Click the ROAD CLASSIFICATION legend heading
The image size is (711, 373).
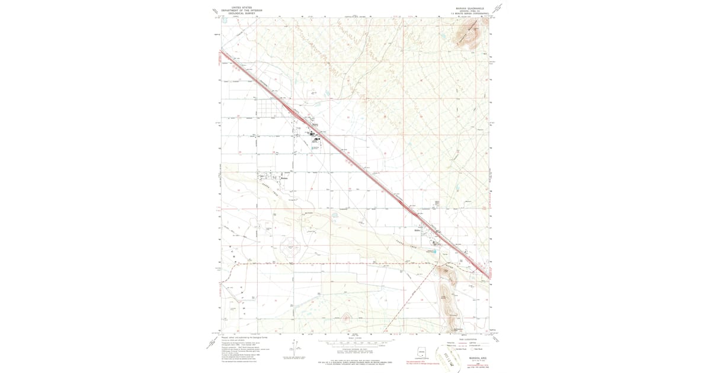pos(469,339)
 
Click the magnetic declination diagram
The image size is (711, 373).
pos(294,349)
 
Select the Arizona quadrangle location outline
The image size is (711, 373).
pos(422,351)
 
